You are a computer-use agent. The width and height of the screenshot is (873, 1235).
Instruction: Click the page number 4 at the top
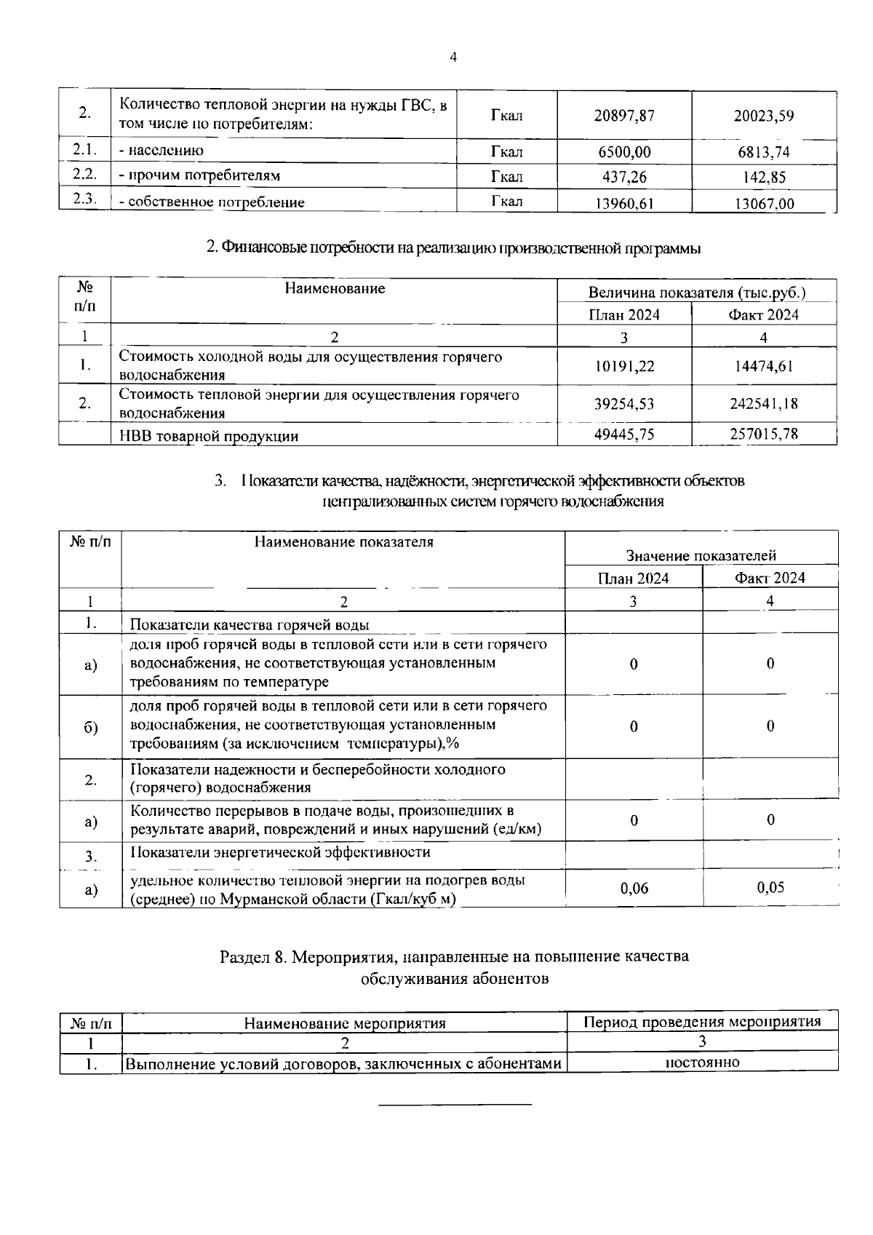pos(453,58)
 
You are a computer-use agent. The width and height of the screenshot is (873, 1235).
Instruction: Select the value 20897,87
pos(624,116)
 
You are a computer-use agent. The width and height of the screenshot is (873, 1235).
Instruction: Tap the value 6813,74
pos(763,152)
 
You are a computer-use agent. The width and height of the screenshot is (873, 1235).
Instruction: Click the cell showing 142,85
pos(763,177)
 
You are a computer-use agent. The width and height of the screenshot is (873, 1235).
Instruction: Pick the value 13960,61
pos(624,204)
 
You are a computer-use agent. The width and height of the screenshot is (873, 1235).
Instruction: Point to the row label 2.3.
pos(85,199)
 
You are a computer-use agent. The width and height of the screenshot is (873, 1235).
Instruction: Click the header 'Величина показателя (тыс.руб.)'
pos(696,293)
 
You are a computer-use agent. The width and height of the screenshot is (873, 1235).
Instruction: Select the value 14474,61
pos(763,366)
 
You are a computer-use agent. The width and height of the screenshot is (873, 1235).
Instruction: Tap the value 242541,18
pos(763,404)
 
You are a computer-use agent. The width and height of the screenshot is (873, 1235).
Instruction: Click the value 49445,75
pos(624,434)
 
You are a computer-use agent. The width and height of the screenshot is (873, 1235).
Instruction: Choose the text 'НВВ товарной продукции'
pos(209,437)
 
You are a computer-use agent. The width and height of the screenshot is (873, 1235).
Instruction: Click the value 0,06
pos(634,888)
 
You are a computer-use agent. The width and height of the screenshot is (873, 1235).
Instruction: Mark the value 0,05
pos(770,887)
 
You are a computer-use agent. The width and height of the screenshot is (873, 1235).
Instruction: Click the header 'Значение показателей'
pos(701,556)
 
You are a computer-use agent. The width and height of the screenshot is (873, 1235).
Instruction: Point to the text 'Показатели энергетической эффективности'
pos(280,852)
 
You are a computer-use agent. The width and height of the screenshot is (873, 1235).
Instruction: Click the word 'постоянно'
pos(702,1063)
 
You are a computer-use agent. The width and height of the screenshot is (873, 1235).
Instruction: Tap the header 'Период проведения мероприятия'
pos(702,1022)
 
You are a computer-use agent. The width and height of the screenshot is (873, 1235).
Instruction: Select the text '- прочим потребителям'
pos(199,175)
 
